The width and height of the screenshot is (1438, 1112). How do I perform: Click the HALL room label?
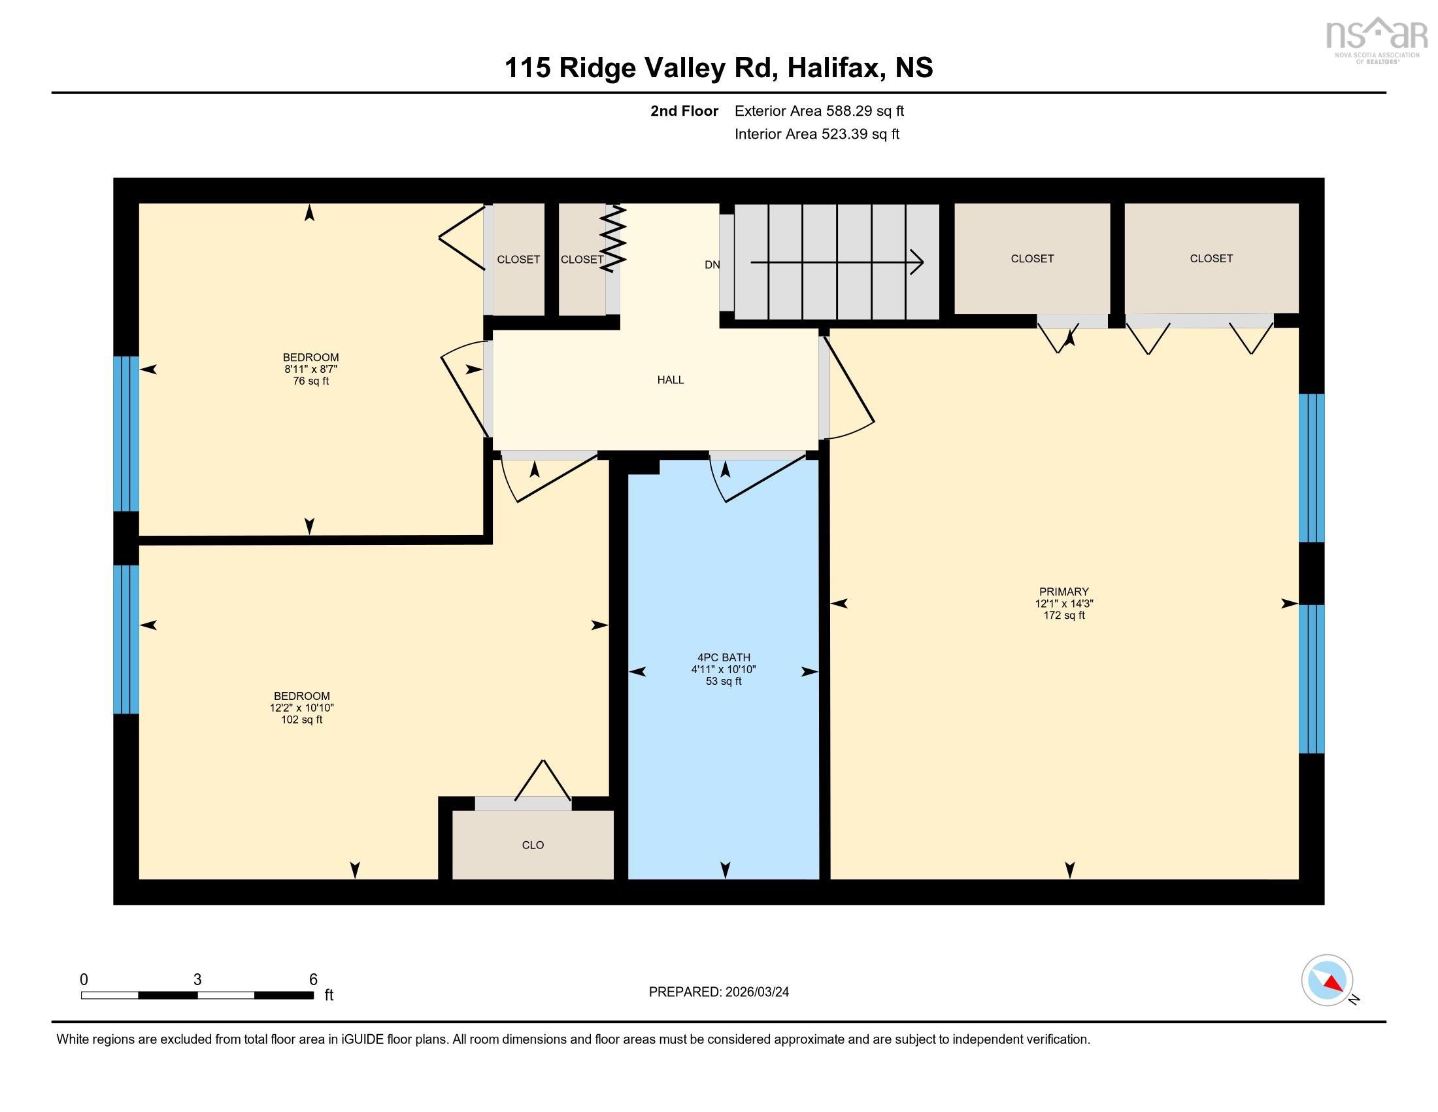[x=670, y=379]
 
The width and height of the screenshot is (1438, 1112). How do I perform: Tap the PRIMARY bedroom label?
[x=1064, y=591]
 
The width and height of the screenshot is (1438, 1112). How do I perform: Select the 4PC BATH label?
[x=724, y=657]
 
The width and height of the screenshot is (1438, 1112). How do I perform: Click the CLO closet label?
[x=533, y=845]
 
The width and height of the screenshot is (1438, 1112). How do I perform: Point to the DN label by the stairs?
[x=712, y=265]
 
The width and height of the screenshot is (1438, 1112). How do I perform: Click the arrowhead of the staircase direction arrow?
[x=917, y=262]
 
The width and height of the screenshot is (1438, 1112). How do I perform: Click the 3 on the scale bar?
[x=197, y=980]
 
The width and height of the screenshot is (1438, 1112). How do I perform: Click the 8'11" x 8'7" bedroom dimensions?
[x=310, y=370]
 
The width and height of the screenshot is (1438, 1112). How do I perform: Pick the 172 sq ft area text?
[x=1064, y=616]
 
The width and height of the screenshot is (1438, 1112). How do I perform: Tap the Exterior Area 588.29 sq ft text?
[x=819, y=111]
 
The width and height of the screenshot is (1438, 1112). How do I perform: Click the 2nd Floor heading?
[x=684, y=111]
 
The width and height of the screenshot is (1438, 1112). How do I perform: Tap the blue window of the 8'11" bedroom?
[x=125, y=434]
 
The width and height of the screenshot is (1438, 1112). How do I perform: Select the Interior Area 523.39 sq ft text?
[x=816, y=134]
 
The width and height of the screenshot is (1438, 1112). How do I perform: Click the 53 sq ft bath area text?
[x=724, y=681]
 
